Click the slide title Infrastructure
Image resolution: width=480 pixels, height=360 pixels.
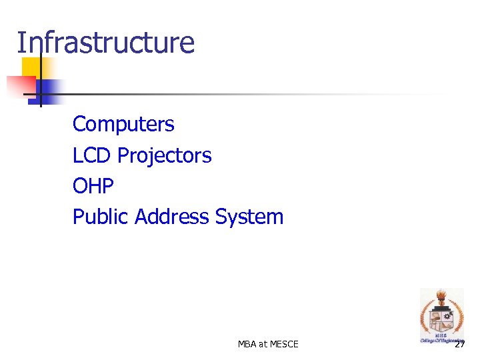(105, 43)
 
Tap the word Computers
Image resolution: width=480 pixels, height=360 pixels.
(123, 124)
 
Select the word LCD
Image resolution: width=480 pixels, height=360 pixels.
(92, 155)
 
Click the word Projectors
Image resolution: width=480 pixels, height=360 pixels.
(164, 156)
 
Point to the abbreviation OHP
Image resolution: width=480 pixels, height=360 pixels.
(93, 186)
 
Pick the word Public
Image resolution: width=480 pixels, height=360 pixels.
(101, 217)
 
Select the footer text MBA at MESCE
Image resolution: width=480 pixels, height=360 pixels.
(268, 344)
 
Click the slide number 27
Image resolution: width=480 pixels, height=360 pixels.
(459, 344)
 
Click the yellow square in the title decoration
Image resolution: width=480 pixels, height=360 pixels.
(29, 67)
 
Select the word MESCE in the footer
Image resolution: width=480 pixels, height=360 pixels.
(285, 344)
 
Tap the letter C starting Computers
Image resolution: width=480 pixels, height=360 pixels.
(79, 124)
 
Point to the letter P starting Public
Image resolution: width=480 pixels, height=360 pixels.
(78, 217)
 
